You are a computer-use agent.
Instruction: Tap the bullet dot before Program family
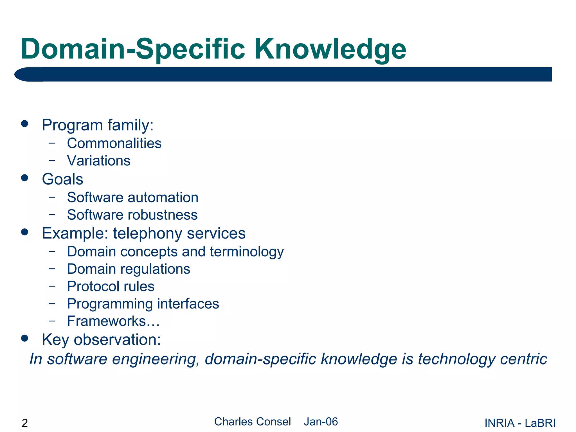(x=25, y=124)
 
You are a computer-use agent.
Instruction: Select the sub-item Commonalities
(x=114, y=143)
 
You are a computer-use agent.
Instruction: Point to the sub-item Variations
(x=98, y=161)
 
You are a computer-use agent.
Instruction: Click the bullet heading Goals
(x=62, y=179)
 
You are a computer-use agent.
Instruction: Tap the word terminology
(x=247, y=252)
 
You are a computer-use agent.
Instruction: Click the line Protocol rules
(x=111, y=287)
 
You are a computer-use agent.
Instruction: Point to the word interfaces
(x=188, y=304)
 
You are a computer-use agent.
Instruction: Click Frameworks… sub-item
(x=113, y=321)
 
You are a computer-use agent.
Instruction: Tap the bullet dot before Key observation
(x=25, y=338)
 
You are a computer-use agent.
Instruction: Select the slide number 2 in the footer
(x=25, y=423)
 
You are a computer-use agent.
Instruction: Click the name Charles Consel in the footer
(x=252, y=422)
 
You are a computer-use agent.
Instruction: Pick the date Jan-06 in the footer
(x=321, y=422)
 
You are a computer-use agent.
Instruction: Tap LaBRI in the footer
(x=540, y=423)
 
